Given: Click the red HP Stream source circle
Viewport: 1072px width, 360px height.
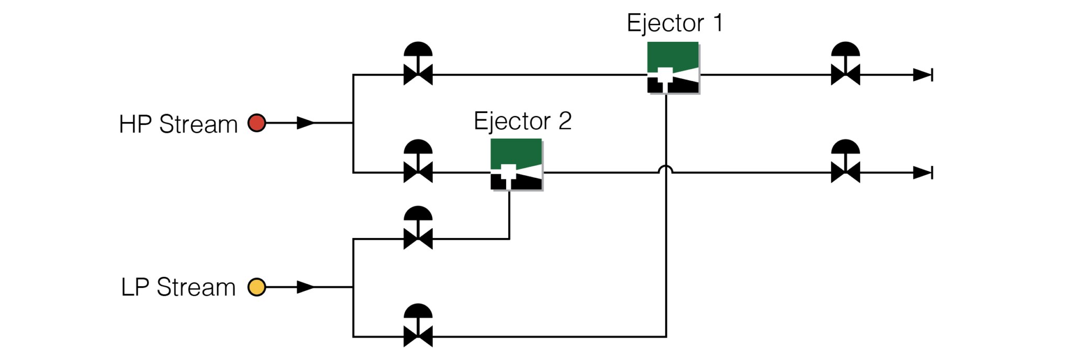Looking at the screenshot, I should pyautogui.click(x=256, y=123).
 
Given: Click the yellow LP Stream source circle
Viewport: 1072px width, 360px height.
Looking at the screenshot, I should pyautogui.click(x=256, y=287).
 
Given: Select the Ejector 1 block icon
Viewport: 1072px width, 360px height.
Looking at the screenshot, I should pyautogui.click(x=673, y=67).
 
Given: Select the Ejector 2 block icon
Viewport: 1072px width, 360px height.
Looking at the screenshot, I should pyautogui.click(x=516, y=164).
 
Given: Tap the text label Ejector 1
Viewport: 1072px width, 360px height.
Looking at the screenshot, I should pyautogui.click(x=675, y=23).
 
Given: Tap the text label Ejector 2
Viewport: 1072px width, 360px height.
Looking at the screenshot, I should pyautogui.click(x=522, y=121).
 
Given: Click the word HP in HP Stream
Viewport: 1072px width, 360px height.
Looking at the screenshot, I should pyautogui.click(x=135, y=125).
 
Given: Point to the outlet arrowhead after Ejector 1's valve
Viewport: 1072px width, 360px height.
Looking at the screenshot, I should pyautogui.click(x=923, y=75).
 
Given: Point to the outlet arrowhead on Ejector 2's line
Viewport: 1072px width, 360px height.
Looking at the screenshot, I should pyautogui.click(x=923, y=172).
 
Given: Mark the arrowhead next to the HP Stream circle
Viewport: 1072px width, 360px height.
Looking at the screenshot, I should pyautogui.click(x=305, y=123).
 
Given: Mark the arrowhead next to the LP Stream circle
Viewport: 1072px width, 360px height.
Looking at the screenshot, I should pyautogui.click(x=305, y=287).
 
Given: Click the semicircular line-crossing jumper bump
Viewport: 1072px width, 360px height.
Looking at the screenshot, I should pyautogui.click(x=665, y=169).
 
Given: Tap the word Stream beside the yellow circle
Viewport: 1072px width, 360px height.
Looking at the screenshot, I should pyautogui.click(x=196, y=288).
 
